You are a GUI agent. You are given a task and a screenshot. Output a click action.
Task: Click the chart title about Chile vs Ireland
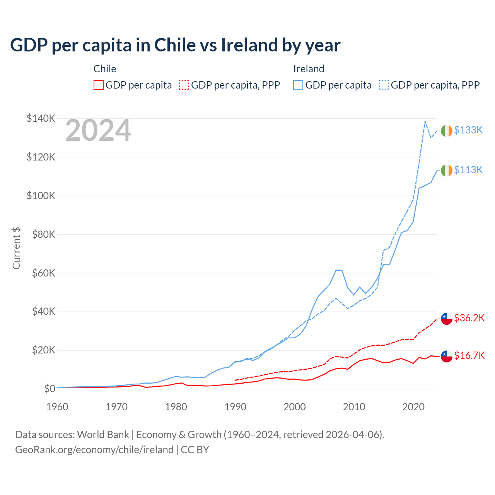tap(175, 45)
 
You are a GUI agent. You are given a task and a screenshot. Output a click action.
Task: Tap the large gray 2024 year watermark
tap(98, 131)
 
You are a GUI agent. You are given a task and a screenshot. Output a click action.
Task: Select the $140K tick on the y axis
tap(41, 118)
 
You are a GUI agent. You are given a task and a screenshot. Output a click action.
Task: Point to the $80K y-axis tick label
tap(41, 234)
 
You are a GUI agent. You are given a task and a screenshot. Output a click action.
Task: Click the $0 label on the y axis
tap(49, 389)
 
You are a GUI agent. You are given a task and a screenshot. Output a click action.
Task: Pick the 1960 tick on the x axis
tap(57, 407)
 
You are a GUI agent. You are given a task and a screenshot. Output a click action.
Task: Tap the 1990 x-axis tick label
tap(236, 407)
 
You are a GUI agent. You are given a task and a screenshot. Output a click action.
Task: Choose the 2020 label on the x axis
tap(413, 407)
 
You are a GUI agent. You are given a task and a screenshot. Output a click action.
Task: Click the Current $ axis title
tap(16, 248)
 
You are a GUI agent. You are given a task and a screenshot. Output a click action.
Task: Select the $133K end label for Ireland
tap(468, 130)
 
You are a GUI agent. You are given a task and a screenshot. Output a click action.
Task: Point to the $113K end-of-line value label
tap(468, 170)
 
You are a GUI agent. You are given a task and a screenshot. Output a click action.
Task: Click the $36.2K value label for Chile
tap(469, 318)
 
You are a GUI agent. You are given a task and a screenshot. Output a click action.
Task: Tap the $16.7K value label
tap(469, 355)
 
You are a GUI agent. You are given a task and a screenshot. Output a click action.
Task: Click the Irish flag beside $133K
tap(447, 131)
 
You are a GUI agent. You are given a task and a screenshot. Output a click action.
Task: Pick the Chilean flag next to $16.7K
tap(447, 356)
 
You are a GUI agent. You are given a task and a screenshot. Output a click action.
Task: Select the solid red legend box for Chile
tap(99, 85)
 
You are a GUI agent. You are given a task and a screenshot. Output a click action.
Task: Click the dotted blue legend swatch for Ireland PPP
tap(384, 85)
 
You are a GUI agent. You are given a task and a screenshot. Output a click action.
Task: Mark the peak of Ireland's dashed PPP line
tap(425, 121)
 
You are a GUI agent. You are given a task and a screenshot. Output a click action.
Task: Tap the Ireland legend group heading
tap(309, 69)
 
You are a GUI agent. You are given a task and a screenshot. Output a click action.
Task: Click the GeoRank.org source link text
tap(94, 450)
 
